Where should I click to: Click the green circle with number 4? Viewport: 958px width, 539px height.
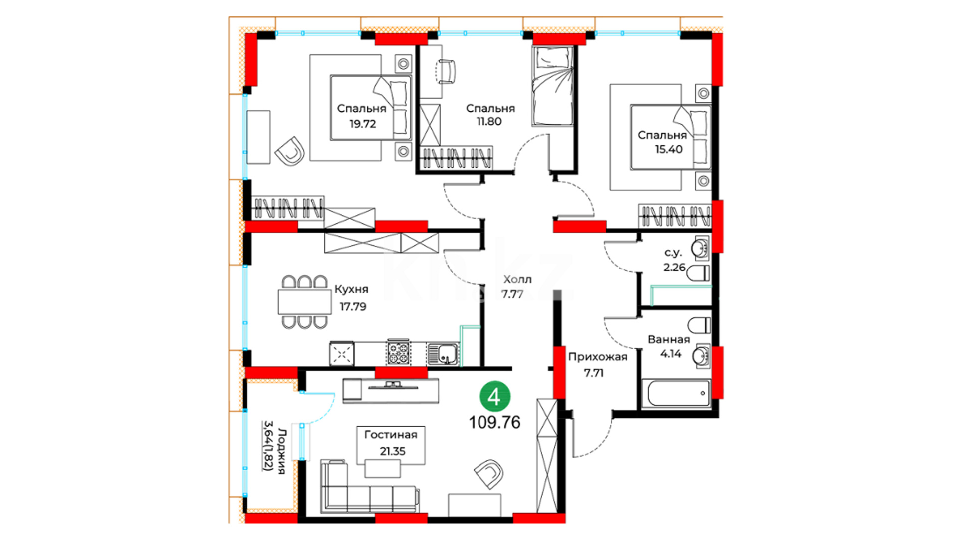coord(494,397)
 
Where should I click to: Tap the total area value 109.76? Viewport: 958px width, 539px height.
coord(494,423)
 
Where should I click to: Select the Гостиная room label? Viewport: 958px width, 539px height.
coord(391,435)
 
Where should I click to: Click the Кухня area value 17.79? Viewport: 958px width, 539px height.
coord(353,307)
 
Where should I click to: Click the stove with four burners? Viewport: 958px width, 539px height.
coord(399,353)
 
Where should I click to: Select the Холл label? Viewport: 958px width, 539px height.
coord(517,279)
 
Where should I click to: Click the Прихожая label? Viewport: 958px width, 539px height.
coord(598,357)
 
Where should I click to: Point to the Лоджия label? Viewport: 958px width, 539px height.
coord(282,451)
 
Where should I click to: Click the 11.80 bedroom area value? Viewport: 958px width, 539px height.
coord(489,121)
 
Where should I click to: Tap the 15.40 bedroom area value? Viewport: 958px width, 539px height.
coord(669,149)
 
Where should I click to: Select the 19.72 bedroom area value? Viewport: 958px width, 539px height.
coord(363,124)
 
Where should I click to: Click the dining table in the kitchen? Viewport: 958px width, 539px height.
coord(304,302)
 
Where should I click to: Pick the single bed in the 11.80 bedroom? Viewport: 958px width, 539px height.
coord(552,86)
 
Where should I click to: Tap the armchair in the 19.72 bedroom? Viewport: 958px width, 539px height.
coord(290,151)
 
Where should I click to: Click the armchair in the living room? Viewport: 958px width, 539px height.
coord(488,474)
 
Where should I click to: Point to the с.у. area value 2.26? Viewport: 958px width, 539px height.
coord(674,268)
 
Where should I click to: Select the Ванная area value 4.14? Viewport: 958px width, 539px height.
coord(671,354)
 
